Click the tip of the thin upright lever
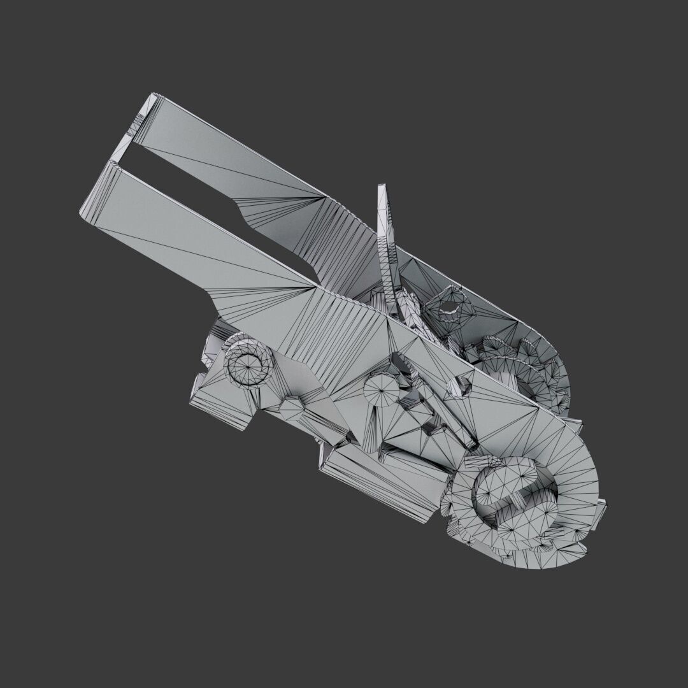click(x=383, y=189)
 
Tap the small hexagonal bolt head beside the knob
click(x=293, y=408)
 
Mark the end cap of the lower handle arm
click(x=96, y=191)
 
